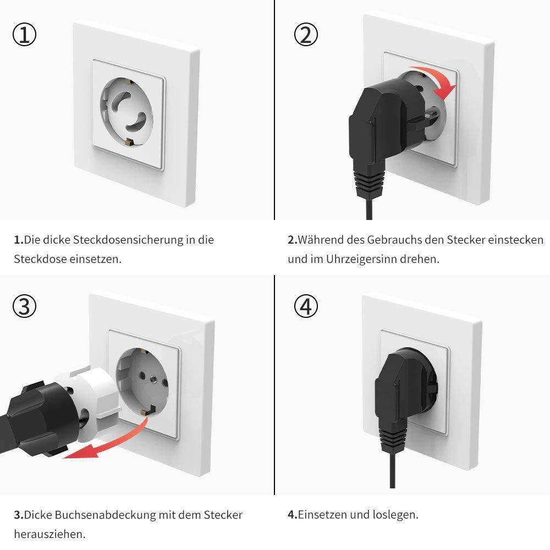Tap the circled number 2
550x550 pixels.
(306, 35)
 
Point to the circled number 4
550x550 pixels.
(306, 306)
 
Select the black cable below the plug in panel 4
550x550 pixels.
(392, 468)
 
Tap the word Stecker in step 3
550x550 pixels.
(223, 515)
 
